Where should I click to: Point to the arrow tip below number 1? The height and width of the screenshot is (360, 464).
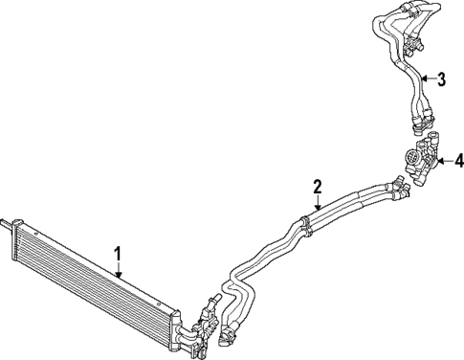click(119, 277)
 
